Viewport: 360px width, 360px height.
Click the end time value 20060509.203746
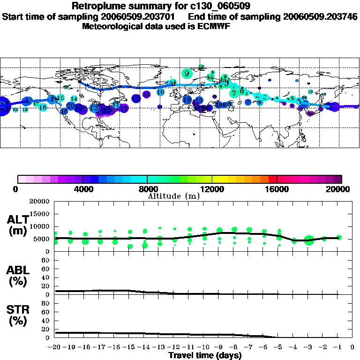[x=320, y=16]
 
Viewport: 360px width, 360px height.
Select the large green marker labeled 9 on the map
[x=187, y=73]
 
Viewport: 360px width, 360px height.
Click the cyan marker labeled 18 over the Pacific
[x=43, y=107]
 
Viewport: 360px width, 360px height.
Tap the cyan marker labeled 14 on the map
[x=74, y=98]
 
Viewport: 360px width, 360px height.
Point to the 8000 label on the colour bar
[x=147, y=189]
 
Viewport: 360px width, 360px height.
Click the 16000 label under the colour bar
[x=277, y=189]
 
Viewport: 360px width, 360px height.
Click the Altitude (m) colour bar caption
[x=174, y=196]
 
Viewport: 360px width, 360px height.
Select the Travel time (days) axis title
[x=205, y=355]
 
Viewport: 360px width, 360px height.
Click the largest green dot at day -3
[x=308, y=240]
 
